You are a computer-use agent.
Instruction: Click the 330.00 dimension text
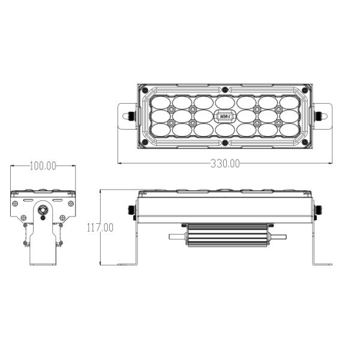pyautogui.click(x=224, y=163)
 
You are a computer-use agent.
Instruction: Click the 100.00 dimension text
pyautogui.click(x=43, y=166)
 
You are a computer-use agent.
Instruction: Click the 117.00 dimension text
pyautogui.click(x=100, y=227)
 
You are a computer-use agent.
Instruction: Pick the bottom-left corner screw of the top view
pyautogui.click(x=144, y=142)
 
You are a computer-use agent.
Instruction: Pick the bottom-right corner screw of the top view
pyautogui.click(x=305, y=142)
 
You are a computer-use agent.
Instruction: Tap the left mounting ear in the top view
pyautogui.click(x=126, y=114)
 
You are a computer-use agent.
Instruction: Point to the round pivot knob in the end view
pyautogui.click(x=43, y=211)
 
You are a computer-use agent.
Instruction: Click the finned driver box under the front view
pyautogui.click(x=224, y=235)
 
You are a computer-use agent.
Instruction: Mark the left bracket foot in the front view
pyautogui.click(x=127, y=263)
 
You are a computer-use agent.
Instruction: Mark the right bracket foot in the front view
pyautogui.click(x=322, y=263)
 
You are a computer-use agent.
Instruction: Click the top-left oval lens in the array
pyautogui.click(x=161, y=100)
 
